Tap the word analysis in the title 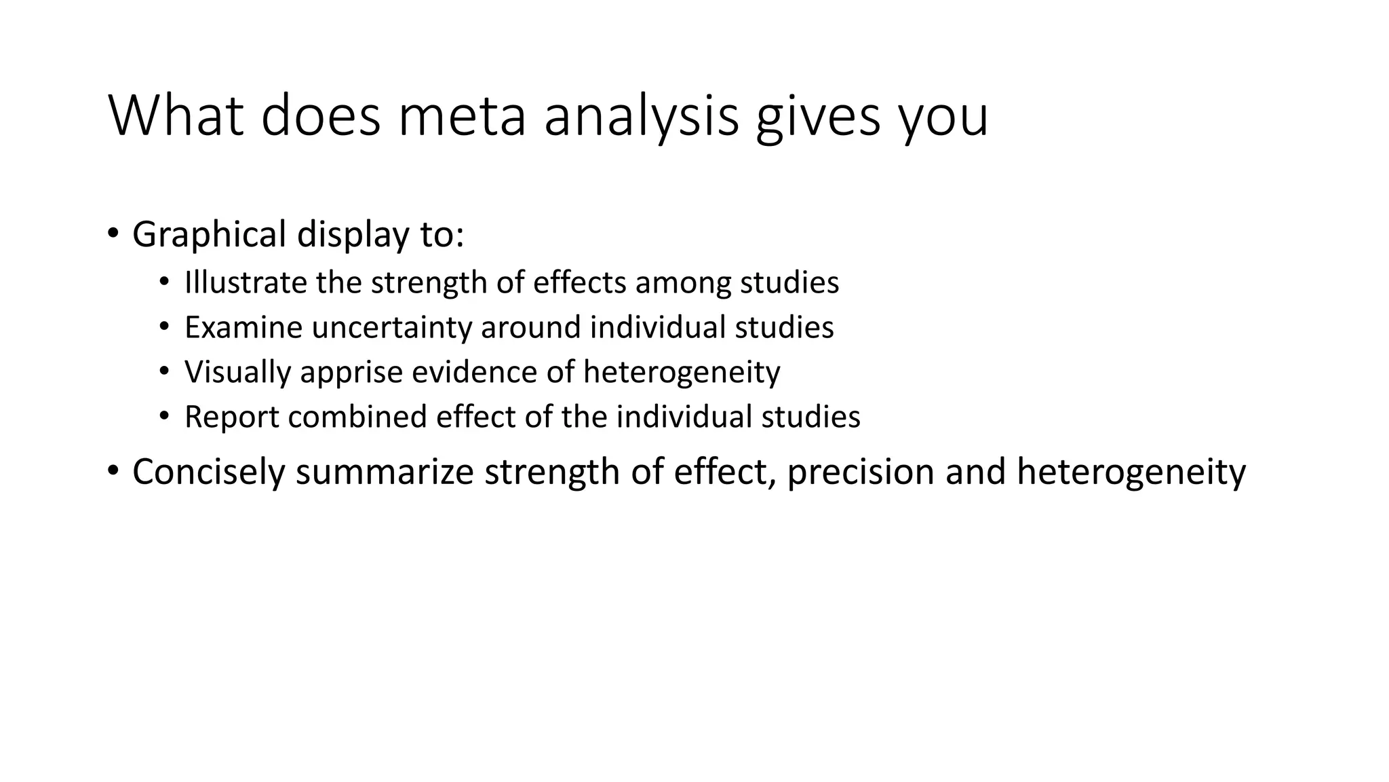(641, 117)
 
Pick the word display (353, 234)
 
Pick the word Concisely (208, 472)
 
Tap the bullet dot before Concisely (113, 470)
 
